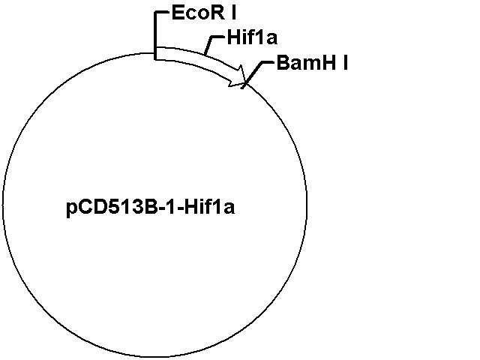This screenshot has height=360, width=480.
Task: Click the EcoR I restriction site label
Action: [204, 13]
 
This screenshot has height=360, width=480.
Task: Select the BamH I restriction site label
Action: [312, 63]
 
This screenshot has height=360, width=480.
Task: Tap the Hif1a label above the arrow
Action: [252, 37]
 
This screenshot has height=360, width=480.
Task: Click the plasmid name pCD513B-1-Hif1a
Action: [150, 208]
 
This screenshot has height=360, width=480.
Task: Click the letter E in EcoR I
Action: [178, 13]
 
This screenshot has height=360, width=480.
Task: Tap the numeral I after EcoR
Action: [234, 13]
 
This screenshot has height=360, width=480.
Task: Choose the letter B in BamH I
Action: [283, 63]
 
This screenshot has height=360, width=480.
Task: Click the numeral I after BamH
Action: [345, 63]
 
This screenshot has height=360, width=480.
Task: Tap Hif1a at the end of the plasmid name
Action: [210, 207]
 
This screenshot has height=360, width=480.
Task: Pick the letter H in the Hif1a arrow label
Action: [234, 37]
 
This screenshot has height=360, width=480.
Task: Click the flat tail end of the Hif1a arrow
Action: [156, 53]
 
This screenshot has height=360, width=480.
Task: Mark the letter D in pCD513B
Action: [101, 208]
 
